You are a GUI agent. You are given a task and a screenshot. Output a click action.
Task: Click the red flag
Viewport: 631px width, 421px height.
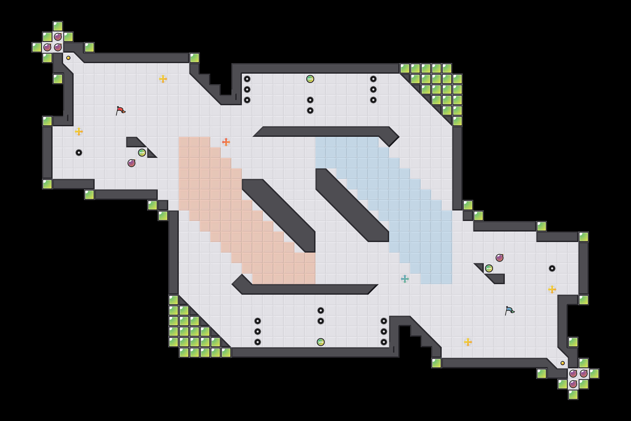click(120, 110)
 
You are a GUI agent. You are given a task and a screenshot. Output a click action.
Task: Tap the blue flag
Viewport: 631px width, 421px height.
click(510, 310)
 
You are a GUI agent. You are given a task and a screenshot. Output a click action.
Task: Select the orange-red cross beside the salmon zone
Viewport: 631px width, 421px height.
click(226, 142)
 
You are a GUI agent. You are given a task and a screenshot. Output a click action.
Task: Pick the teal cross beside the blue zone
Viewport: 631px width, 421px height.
click(405, 279)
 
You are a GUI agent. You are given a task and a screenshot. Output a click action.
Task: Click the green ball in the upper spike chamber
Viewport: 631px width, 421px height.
click(310, 79)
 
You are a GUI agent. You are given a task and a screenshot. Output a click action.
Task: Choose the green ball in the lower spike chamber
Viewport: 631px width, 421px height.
click(320, 342)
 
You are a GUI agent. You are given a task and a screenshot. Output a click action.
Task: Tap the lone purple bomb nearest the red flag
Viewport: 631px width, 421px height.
click(131, 163)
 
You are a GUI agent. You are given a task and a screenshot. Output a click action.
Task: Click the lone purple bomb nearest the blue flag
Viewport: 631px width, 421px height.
click(499, 258)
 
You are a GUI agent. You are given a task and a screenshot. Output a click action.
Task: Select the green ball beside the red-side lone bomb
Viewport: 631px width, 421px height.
click(142, 153)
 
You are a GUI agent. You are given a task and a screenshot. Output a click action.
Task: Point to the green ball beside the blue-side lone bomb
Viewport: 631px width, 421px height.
click(489, 268)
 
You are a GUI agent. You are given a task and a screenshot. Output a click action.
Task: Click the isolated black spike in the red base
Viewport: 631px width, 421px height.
click(79, 153)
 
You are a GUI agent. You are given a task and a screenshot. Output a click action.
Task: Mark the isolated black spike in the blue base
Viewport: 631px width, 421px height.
click(552, 268)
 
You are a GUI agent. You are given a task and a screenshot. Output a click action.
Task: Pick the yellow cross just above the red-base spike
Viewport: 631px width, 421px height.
click(79, 132)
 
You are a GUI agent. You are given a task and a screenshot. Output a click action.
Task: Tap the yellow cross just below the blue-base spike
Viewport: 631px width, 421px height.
click(552, 289)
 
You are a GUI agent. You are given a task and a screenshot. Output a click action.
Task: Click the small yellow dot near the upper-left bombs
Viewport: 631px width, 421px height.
click(68, 58)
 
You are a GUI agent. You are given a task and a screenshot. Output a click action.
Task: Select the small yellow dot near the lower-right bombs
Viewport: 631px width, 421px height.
click(563, 363)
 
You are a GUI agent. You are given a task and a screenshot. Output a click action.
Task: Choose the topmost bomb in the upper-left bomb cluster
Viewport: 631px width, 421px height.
click(58, 37)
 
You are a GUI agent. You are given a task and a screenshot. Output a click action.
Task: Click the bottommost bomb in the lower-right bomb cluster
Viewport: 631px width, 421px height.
click(573, 384)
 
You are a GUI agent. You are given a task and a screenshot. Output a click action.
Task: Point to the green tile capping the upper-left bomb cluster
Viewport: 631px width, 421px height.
click(58, 26)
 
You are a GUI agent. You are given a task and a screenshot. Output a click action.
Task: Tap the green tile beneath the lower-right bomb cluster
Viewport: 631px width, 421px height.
click(573, 395)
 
